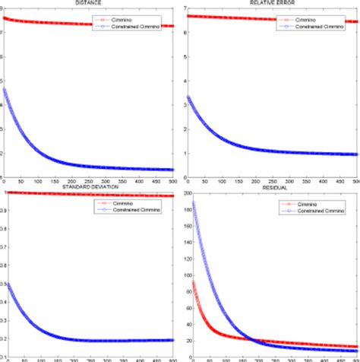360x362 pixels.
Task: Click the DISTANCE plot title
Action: (90, 2)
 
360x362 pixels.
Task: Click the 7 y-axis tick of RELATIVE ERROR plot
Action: (185, 8)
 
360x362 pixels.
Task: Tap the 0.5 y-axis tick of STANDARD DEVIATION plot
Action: (3, 284)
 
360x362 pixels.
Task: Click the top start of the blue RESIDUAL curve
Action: (193, 203)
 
